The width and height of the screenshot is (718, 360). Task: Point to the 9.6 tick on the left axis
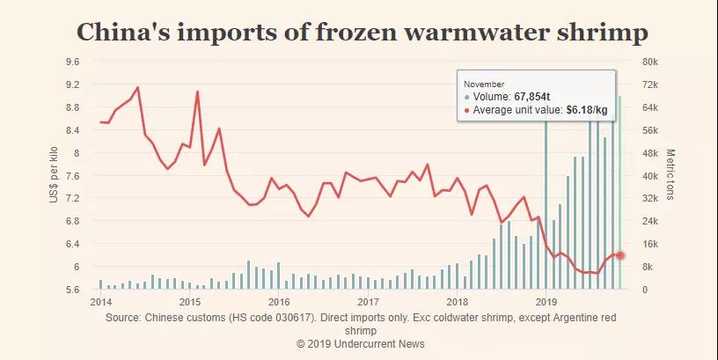click(x=72, y=62)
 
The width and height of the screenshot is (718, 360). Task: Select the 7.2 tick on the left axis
click(x=72, y=198)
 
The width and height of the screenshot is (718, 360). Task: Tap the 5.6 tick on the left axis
click(x=72, y=290)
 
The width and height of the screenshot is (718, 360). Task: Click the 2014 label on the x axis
click(x=100, y=301)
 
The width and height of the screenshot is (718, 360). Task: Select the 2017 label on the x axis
click(x=368, y=301)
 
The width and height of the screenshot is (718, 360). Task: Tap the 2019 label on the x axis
click(x=546, y=301)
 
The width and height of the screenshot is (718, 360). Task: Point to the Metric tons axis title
click(x=670, y=174)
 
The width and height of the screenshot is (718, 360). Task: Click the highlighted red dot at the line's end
click(x=619, y=255)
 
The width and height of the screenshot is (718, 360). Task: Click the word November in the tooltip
click(x=484, y=84)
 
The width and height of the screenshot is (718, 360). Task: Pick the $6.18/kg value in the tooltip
click(x=585, y=109)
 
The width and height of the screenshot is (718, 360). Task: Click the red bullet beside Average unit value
click(x=466, y=109)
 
